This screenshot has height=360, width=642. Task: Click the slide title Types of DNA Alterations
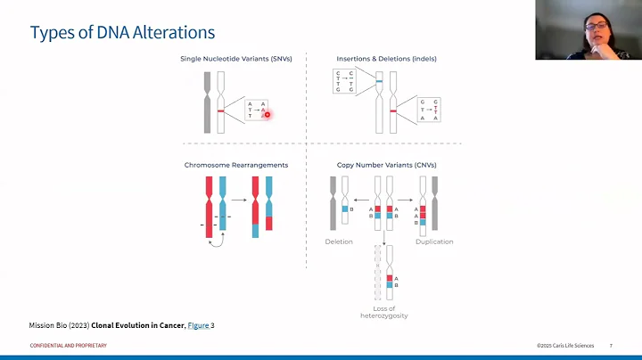122,33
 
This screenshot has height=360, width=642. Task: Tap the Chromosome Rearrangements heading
236,165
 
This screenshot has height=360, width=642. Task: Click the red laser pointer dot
267,114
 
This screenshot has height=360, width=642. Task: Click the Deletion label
339,241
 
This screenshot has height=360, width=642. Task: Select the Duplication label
434,241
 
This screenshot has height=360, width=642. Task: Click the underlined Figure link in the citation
198,325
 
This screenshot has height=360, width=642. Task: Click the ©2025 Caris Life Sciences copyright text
566,346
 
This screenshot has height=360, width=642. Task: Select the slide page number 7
611,346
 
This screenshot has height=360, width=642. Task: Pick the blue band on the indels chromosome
378,82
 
